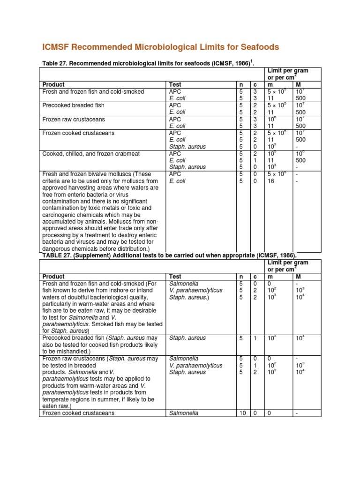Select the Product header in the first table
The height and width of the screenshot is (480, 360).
[53, 84]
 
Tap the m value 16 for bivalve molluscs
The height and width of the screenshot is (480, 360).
[271, 181]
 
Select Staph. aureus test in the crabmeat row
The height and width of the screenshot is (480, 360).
[187, 167]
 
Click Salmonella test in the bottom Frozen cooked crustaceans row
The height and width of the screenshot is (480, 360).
[184, 413]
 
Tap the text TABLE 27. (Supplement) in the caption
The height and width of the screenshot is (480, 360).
[78, 255]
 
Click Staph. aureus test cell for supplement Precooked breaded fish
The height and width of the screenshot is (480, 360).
[187, 337]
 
